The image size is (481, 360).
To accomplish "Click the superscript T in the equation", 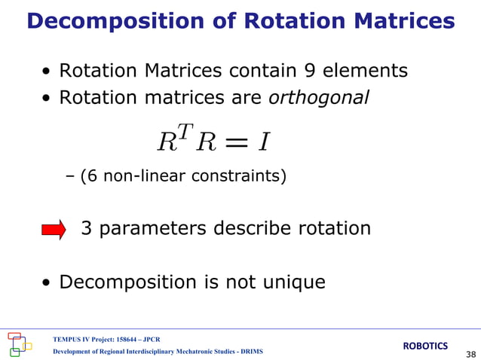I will pos(185,133).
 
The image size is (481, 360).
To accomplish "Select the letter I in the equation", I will pos(264,141).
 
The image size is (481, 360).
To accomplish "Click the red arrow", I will pos(54,230).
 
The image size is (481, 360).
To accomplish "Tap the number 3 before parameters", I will pos(87,228).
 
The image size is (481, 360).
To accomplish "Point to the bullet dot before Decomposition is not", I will pos(47,284).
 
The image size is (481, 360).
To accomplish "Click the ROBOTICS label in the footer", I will pos(425,346).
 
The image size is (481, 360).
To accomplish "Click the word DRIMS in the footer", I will pos(248,352).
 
